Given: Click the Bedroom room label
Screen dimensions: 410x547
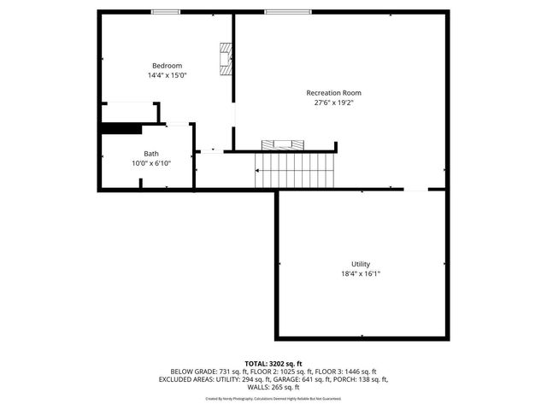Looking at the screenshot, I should pos(167,66).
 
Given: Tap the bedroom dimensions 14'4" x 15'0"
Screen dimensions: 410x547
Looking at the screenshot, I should pos(167,75).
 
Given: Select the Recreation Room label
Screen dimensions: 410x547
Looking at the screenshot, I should pos(333,92).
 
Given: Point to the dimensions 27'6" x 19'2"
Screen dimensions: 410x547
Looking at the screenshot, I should pos(333,102).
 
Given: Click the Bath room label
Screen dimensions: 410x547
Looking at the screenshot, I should pos(150,154).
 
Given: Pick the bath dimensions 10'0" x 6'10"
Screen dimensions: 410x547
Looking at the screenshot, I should pos(150,163).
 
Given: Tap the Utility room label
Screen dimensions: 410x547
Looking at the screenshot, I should pos(361,264).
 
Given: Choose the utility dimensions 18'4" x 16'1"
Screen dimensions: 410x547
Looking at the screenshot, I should pos(361,273).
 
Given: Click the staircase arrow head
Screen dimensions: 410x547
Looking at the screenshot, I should pos(257,170).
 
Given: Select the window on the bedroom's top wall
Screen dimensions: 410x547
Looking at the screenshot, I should pos(166,11).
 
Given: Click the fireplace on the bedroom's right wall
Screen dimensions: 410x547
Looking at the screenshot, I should pos(226,59).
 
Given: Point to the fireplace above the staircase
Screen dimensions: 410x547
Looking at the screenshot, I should pos(281,143).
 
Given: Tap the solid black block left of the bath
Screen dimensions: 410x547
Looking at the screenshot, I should pos(121,129).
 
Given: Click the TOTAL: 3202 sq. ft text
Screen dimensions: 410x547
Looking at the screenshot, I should pos(273,363).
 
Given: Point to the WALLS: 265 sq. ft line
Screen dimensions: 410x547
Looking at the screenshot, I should pos(273,387).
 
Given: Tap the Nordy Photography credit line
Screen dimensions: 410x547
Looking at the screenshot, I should pos(273,398).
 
